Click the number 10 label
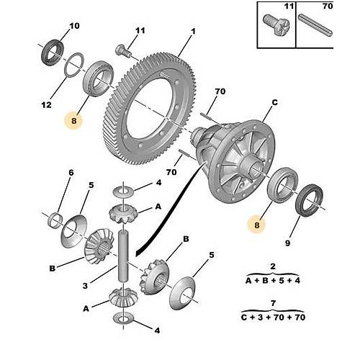point(74,26)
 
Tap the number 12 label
point(46,105)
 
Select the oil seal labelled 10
point(53,53)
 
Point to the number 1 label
point(194,32)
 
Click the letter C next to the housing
point(275,102)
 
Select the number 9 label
point(287,243)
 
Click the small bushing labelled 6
point(55,219)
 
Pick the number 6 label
point(71,173)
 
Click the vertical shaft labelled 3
point(124,256)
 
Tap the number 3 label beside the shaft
point(85,286)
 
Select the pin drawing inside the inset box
point(315,25)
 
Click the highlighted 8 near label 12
point(73,121)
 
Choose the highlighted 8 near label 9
point(257,225)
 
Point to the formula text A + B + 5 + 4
point(273,280)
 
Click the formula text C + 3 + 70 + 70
point(273,318)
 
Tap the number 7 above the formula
point(273,304)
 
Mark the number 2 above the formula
point(273,266)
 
